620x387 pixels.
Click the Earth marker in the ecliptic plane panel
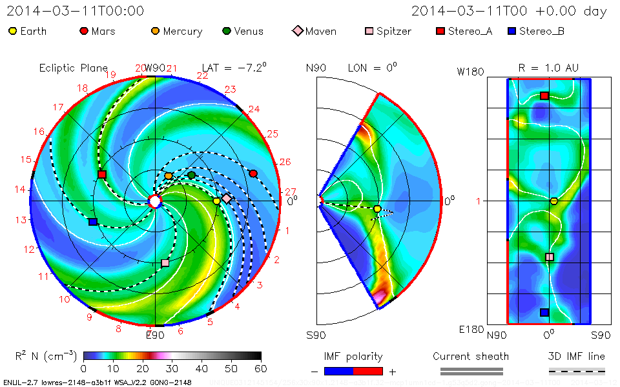pyautogui.click(x=217, y=201)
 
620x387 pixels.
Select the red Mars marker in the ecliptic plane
pyautogui.click(x=253, y=174)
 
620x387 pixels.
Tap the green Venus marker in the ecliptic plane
pyautogui.click(x=192, y=175)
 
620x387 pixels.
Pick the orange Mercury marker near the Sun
pyautogui.click(x=169, y=175)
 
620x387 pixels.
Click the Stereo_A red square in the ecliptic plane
pyautogui.click(x=102, y=174)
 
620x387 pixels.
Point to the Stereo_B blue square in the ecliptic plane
pyautogui.click(x=93, y=222)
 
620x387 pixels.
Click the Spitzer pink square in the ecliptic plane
pyautogui.click(x=165, y=263)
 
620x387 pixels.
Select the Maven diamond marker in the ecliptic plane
pyautogui.click(x=227, y=199)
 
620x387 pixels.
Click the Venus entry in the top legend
pyautogui.click(x=242, y=31)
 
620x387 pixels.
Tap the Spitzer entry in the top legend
pyautogui.click(x=387, y=31)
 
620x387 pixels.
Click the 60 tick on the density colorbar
pyautogui.click(x=261, y=369)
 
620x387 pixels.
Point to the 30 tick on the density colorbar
pyautogui.click(x=172, y=369)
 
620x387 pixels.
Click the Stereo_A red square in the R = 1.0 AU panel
pyautogui.click(x=544, y=95)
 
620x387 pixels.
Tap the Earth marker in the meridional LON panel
pyautogui.click(x=377, y=208)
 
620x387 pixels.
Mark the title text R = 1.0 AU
pyautogui.click(x=549, y=68)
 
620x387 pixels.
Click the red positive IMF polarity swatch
pyautogui.click(x=368, y=371)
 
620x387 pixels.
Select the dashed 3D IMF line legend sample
pyautogui.click(x=577, y=371)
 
